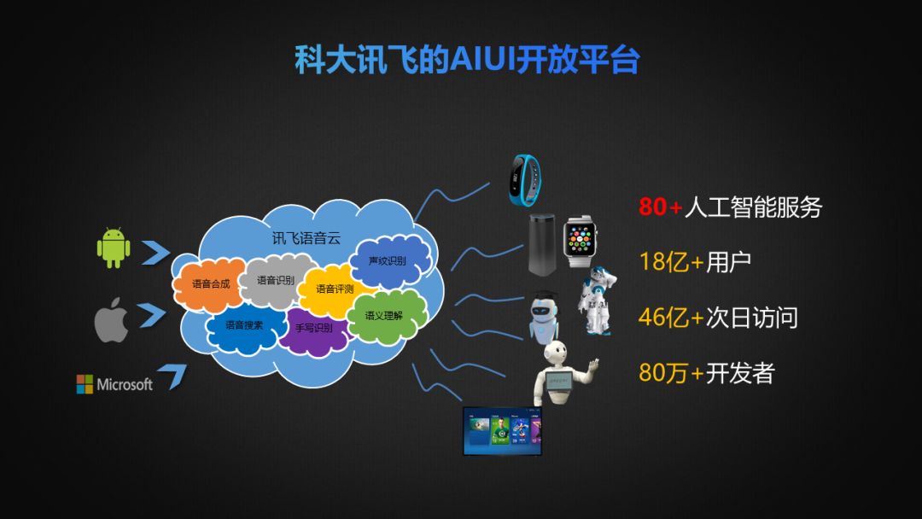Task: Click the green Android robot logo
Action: coord(114,248)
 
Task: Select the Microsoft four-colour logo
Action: coord(85,384)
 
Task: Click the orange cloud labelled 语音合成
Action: coord(210,283)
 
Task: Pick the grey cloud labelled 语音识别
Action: coord(275,280)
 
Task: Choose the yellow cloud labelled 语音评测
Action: coord(335,289)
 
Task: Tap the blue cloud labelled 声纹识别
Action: coord(387,260)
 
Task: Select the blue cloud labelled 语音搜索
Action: coord(244,325)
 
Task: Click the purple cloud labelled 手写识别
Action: coord(313,328)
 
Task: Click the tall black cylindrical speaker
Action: coord(540,245)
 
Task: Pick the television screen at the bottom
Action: coord(502,430)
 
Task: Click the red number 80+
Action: coord(661,207)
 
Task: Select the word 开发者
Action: coord(740,373)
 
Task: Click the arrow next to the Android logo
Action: coord(155,253)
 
